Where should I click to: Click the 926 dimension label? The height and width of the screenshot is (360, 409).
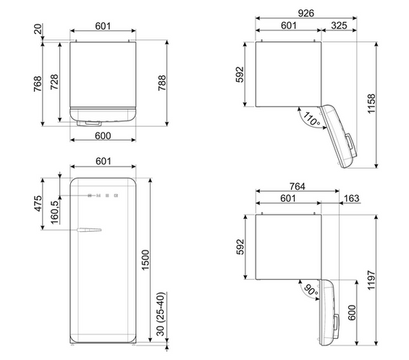point(305,13)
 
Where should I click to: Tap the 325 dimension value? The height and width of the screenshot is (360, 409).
point(339,25)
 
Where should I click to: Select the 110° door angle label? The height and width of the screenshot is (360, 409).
point(311,119)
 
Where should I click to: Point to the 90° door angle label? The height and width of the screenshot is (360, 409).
point(311,290)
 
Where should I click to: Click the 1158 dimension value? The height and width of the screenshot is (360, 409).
point(371,104)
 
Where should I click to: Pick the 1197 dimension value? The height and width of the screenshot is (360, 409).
point(371,280)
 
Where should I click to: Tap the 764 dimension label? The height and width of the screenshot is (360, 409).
point(297,186)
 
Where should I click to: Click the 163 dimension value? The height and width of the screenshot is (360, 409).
point(352,198)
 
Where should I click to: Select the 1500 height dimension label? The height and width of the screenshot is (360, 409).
point(146,260)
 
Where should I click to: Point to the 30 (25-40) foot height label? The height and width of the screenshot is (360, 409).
point(161,314)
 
